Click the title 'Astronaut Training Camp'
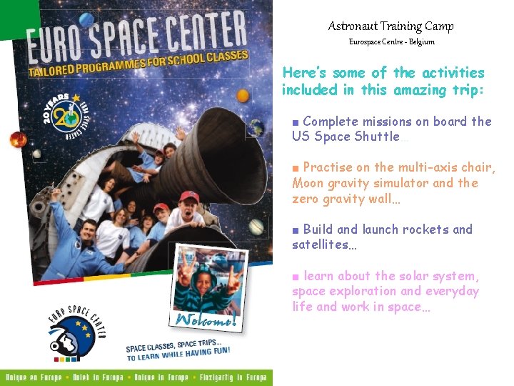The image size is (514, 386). point(390,26)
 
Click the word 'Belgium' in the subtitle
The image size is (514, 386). point(422,42)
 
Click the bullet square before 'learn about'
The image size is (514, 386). point(296,276)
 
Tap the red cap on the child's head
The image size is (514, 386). point(188,196)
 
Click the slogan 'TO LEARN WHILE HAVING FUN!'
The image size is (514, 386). point(178,352)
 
